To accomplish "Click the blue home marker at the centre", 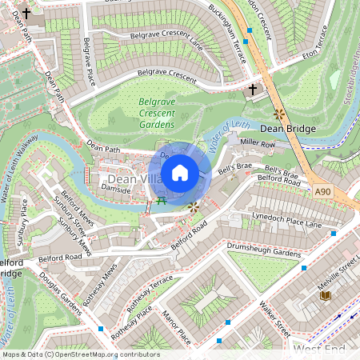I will tap(180, 172).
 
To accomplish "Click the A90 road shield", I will tap(322, 191).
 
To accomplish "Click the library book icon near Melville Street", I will tap(324, 296).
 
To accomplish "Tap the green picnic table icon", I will tap(162, 200).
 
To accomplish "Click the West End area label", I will tap(320, 350).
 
